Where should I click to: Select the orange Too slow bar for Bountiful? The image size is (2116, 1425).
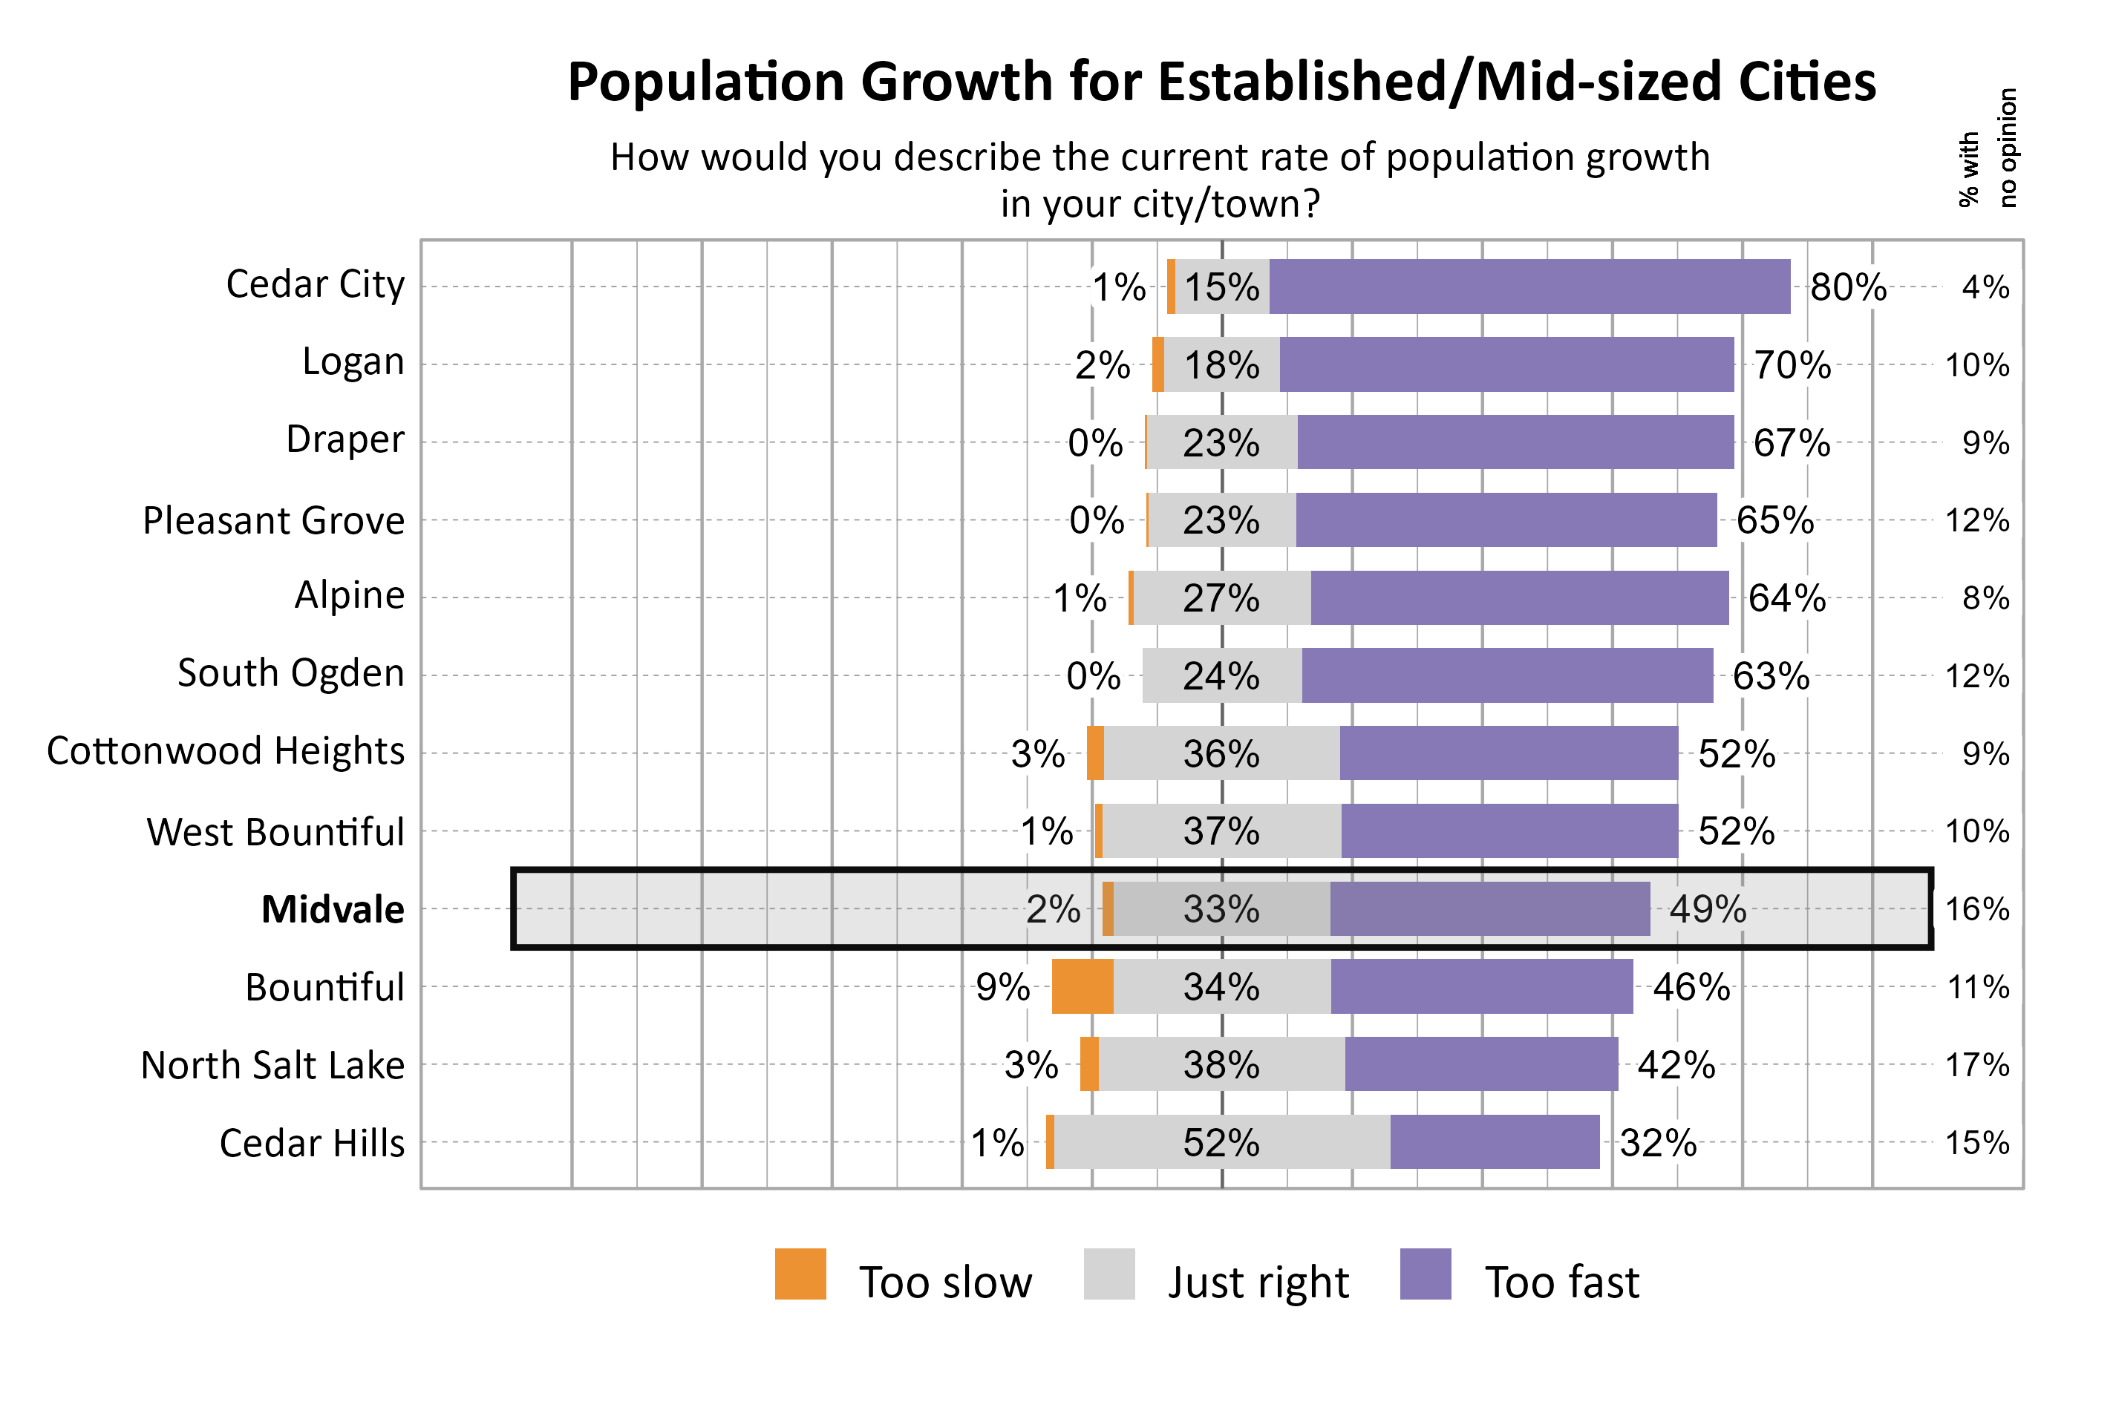coord(1082,986)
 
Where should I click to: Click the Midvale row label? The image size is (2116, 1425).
coord(333,908)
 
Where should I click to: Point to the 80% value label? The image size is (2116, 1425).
coord(1847,287)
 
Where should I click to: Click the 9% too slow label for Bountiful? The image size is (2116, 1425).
coord(1002,987)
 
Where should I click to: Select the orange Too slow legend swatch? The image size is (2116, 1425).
coord(800,1274)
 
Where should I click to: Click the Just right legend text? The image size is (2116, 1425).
coord(1257,1282)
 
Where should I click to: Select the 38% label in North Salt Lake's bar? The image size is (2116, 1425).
coord(1221,1064)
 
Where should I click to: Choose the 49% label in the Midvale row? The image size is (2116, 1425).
coord(1707,908)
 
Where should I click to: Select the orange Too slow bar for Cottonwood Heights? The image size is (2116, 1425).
coord(1094,753)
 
